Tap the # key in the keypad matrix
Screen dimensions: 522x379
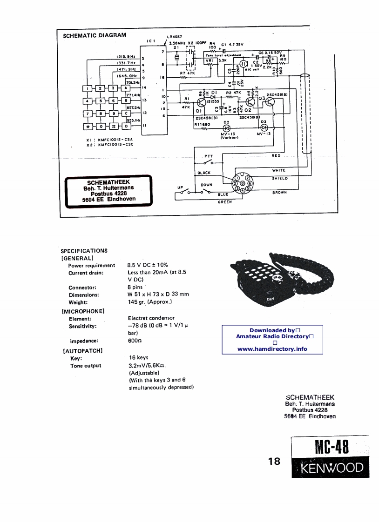tap(113, 126)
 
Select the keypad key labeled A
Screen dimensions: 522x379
tap(126, 88)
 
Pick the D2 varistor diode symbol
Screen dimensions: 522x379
tap(226, 127)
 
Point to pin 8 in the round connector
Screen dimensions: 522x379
tap(243, 183)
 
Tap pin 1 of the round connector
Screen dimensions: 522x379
tap(237, 178)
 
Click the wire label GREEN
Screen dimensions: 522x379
tap(224, 202)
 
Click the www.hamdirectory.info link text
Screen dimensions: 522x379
tap(272, 348)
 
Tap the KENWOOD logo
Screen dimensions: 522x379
tap(332, 467)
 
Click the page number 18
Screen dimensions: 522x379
tap(275, 461)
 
